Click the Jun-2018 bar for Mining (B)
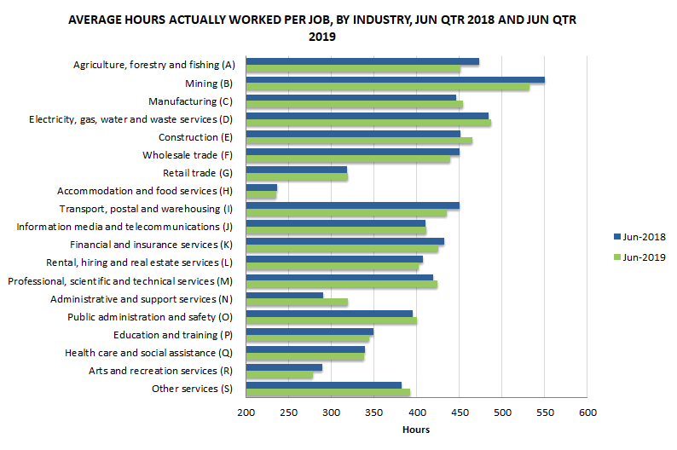click(395, 80)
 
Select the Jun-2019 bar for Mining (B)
click(387, 87)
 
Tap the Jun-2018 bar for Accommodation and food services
click(261, 187)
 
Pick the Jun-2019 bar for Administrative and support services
click(296, 302)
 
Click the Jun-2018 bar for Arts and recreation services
click(283, 368)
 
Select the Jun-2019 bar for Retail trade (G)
click(296, 177)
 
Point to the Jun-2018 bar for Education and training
click(309, 332)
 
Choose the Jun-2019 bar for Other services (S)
click(327, 393)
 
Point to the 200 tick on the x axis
click(246, 413)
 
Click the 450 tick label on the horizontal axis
click(459, 413)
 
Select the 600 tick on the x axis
click(587, 413)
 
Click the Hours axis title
click(416, 430)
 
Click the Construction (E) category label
click(196, 137)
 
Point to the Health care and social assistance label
click(148, 352)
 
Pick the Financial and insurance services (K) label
click(152, 245)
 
